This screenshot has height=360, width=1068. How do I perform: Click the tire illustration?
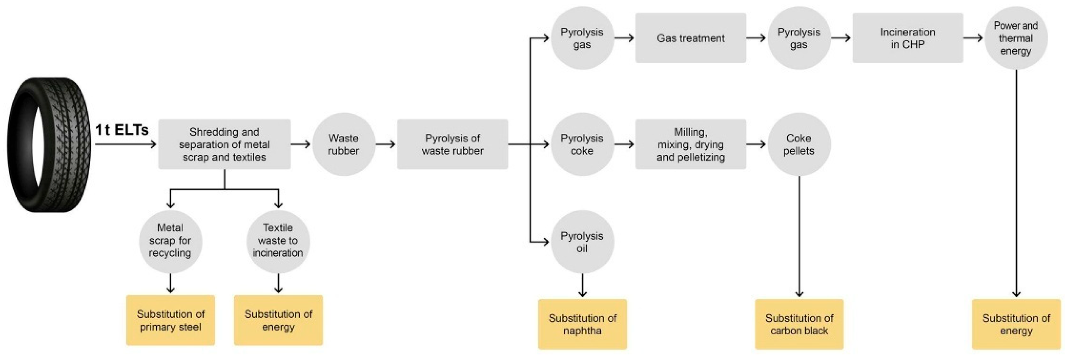click(49, 145)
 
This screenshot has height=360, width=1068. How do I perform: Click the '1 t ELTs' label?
click(122, 130)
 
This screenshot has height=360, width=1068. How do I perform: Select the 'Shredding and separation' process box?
click(224, 144)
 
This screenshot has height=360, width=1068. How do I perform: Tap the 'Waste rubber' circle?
click(343, 144)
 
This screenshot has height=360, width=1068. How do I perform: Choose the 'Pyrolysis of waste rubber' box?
click(452, 144)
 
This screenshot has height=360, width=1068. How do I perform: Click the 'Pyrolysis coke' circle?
click(582, 144)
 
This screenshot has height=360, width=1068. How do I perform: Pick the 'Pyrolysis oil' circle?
click(582, 242)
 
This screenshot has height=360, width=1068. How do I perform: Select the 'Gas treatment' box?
click(691, 38)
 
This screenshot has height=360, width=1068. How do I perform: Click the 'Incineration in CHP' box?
click(907, 38)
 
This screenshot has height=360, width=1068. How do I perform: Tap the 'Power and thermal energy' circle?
click(1015, 38)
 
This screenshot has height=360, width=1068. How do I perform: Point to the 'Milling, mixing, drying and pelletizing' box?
click(691, 144)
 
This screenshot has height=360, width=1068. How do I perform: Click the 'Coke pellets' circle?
click(799, 144)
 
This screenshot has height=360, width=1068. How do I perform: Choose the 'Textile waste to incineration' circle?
click(278, 241)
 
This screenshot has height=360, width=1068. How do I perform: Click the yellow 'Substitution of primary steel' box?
click(171, 320)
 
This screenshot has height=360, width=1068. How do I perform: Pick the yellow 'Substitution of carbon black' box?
click(799, 324)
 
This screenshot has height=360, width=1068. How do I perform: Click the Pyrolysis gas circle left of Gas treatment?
click(582, 38)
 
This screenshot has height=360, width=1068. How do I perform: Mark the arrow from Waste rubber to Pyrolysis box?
click(386, 144)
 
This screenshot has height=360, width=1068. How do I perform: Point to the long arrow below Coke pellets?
click(799, 237)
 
